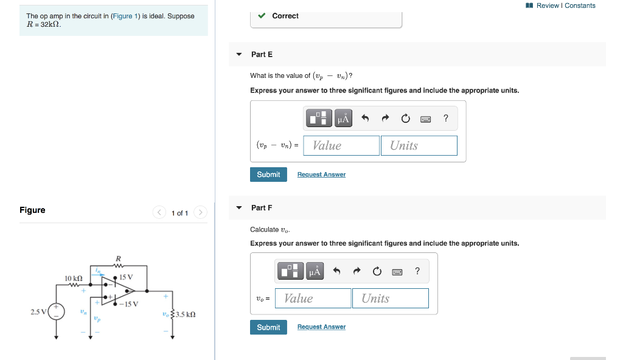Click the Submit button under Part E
coord(268,175)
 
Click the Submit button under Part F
coord(268,327)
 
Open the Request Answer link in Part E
coord(321,175)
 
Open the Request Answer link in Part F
coord(321,327)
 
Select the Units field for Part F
coord(390,298)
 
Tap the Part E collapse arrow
coord(239,55)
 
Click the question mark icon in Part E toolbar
coord(446,118)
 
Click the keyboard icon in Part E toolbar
coord(426,119)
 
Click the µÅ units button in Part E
coord(343,118)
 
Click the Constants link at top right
coord(580,5)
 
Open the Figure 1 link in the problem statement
coord(125,16)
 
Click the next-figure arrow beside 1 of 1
coord(201,212)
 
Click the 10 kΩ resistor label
coord(74,278)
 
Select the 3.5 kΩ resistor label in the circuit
coord(184,314)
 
